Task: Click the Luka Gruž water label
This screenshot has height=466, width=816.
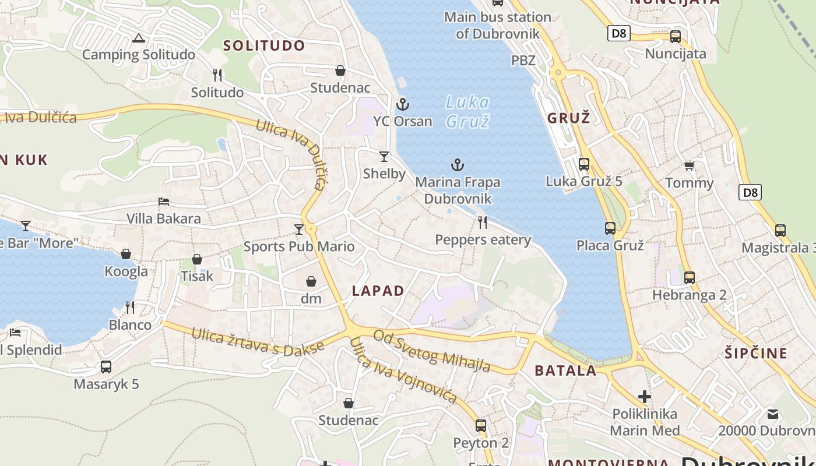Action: pos(467,111)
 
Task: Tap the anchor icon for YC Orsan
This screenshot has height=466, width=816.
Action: pos(403,104)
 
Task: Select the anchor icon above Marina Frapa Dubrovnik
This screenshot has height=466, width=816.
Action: pos(458,165)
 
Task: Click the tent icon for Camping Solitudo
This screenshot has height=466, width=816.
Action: pos(138,38)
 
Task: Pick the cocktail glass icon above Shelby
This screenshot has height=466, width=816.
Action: pos(384,156)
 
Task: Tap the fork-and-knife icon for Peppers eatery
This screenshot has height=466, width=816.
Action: pos(483,222)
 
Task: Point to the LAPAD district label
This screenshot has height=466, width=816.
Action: pos(378,291)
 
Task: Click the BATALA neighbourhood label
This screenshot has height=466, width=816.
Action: pos(565,370)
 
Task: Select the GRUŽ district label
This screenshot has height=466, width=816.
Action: pos(568,118)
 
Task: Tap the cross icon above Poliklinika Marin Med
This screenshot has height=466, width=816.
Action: pos(644,397)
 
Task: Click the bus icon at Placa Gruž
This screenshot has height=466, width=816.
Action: pos(610,228)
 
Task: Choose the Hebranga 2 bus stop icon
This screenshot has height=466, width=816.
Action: pos(690,278)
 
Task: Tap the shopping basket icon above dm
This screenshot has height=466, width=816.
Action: pos(311,282)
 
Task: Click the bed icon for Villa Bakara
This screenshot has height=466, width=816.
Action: pos(164,202)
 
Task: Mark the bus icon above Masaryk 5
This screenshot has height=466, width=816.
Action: pos(105,367)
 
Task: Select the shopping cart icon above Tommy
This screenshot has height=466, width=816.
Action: pos(689,166)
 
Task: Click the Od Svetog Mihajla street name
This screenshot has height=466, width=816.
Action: pos(431,351)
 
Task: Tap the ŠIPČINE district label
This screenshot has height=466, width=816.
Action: pos(756,353)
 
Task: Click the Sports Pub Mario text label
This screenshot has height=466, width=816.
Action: pos(298,246)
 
